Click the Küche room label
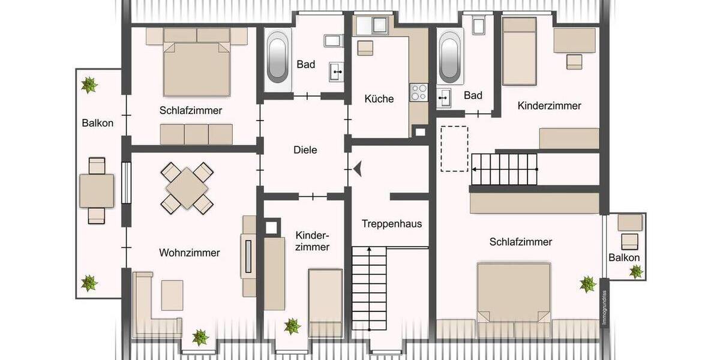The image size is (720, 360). pyautogui.click(x=379, y=98)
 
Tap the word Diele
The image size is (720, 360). pyautogui.click(x=305, y=150)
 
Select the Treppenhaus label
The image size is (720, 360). pyautogui.click(x=392, y=224)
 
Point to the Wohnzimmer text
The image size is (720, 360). pyautogui.click(x=189, y=253)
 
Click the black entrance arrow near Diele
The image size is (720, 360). pyautogui.click(x=358, y=170)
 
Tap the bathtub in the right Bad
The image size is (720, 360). pyautogui.click(x=451, y=58)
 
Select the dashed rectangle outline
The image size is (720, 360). pyautogui.click(x=454, y=148)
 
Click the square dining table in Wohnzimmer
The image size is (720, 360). pyautogui.click(x=188, y=187)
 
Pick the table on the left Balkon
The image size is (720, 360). pyautogui.click(x=97, y=190)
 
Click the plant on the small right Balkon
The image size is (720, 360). pyautogui.click(x=635, y=272)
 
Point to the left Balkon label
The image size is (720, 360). pyautogui.click(x=97, y=123)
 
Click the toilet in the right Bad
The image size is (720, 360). pyautogui.click(x=478, y=25)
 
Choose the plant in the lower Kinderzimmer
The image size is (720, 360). pyautogui.click(x=292, y=326)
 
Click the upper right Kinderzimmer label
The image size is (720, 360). pyautogui.click(x=549, y=106)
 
